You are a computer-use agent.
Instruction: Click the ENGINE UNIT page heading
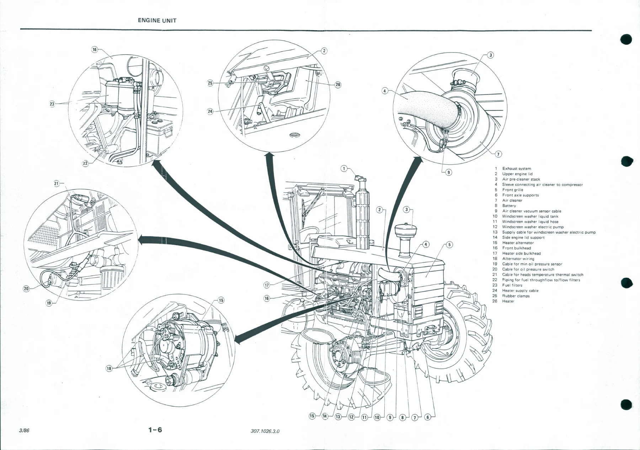[157, 20]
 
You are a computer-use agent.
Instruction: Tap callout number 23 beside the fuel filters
[52, 104]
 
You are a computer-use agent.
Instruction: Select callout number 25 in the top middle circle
[210, 83]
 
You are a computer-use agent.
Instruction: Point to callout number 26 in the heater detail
[338, 85]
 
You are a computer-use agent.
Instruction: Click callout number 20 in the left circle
[26, 288]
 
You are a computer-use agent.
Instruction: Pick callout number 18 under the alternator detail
[109, 368]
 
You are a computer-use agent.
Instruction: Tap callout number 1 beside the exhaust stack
[343, 168]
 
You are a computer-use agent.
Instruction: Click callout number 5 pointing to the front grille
[449, 244]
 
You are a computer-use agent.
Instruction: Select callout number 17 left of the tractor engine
[267, 284]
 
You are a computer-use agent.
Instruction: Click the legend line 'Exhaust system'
[517, 169]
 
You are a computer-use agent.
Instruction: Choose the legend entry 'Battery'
[509, 206]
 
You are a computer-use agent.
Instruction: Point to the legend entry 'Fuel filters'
[512, 285]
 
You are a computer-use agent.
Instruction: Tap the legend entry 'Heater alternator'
[518, 243]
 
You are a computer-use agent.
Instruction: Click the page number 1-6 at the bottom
[155, 430]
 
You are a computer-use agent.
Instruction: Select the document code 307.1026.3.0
[265, 431]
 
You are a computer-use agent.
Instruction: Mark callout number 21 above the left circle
[57, 184]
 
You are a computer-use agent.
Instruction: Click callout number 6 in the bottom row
[428, 417]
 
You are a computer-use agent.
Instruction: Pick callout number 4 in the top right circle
[385, 91]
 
